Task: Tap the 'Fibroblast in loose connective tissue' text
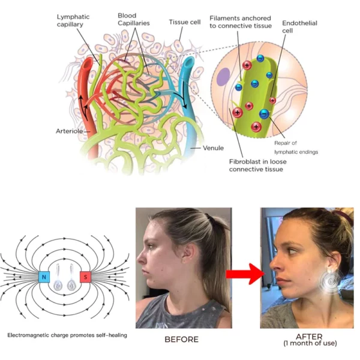coord(256,166)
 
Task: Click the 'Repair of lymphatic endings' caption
coord(296,148)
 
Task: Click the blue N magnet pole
coord(44,277)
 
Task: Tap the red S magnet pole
coord(86,277)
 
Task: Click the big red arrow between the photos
coord(245,275)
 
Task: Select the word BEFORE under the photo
coord(182,340)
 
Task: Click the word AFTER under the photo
coord(310,337)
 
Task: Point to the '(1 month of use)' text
coord(310,344)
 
